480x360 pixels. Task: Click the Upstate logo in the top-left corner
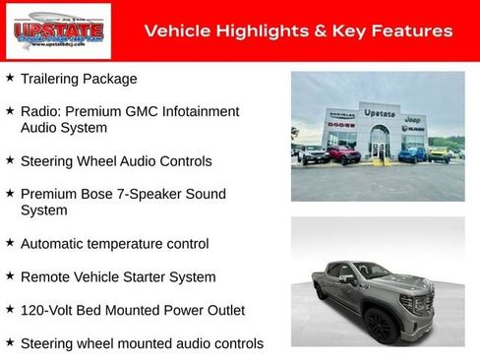click(x=44, y=31)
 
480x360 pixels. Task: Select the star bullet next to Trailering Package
click(x=10, y=77)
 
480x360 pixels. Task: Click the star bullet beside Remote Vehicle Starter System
click(x=10, y=276)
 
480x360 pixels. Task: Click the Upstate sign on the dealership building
click(x=378, y=113)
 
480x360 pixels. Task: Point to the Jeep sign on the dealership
click(x=413, y=117)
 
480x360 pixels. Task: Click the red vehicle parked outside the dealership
click(x=343, y=154)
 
